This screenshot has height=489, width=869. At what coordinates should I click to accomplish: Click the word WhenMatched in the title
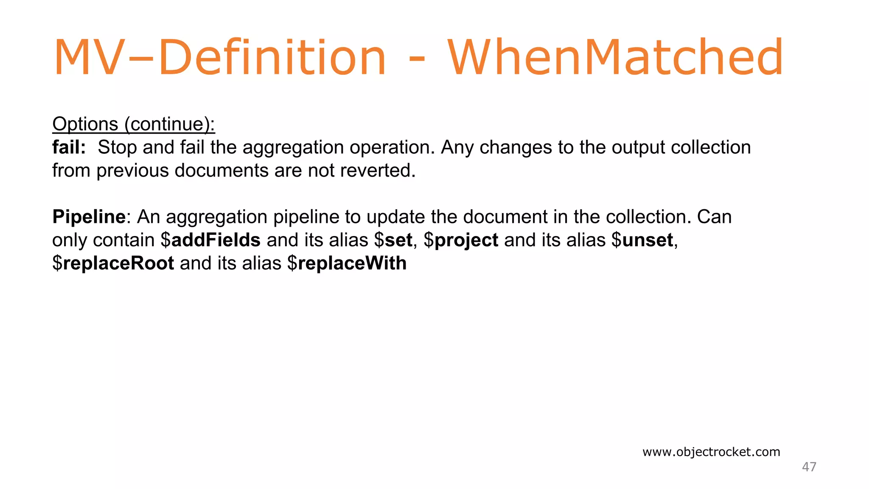click(x=615, y=57)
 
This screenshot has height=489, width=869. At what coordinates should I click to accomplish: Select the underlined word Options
click(x=85, y=124)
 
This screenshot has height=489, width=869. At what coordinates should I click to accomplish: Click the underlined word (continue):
click(x=169, y=124)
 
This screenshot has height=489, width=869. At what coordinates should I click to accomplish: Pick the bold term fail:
click(x=69, y=147)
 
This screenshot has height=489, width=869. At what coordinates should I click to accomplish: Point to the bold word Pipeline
click(x=89, y=217)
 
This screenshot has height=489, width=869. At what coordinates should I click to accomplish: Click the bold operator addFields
click(x=216, y=240)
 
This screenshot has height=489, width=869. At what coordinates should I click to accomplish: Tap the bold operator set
click(x=398, y=240)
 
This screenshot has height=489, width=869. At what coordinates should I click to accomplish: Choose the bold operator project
click(x=466, y=240)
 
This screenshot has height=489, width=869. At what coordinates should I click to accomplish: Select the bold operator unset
click(x=648, y=240)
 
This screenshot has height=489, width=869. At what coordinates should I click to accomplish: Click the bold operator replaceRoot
click(x=118, y=263)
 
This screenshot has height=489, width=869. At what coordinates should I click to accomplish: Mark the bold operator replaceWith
click(x=352, y=263)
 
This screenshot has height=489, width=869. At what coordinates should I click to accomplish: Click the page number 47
click(x=809, y=467)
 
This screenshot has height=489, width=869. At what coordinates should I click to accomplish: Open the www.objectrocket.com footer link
click(x=711, y=452)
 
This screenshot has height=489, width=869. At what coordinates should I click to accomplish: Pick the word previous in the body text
click(x=132, y=171)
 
